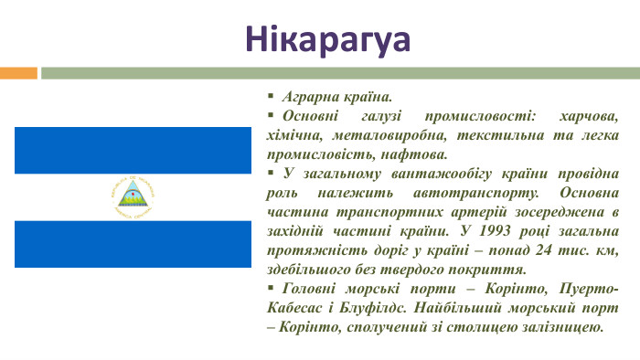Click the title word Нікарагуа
(x=327, y=39)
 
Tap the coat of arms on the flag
(x=133, y=196)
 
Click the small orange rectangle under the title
(x=18, y=72)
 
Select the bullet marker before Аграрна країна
(x=271, y=96)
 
